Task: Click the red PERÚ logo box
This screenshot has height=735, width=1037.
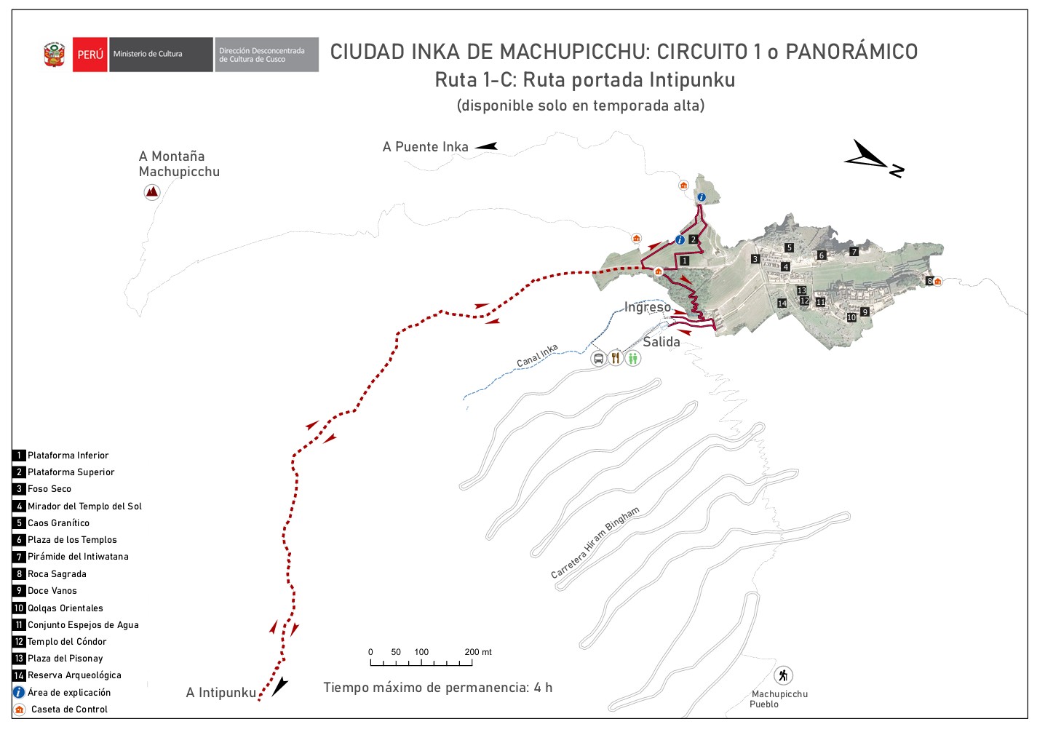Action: tap(90, 55)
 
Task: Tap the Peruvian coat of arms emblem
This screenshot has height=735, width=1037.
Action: tap(55, 55)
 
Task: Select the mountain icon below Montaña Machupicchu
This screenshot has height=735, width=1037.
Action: tap(151, 192)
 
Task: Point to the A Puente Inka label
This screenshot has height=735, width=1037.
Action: tap(426, 147)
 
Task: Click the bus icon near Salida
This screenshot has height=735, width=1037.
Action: tap(598, 358)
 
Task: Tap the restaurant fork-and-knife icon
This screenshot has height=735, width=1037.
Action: tap(616, 358)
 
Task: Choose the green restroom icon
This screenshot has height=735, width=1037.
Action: tap(633, 358)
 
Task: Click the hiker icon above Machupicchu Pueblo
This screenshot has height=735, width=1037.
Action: tap(783, 675)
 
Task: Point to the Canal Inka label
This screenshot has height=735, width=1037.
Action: tap(537, 355)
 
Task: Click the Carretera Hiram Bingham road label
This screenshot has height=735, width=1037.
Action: tap(595, 542)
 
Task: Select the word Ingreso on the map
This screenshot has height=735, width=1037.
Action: tap(648, 307)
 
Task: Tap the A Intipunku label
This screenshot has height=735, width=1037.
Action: tap(221, 693)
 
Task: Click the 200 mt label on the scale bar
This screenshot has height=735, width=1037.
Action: tap(478, 652)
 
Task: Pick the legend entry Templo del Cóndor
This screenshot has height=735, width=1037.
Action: tap(67, 642)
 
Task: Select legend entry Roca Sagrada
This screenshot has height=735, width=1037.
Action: tap(57, 574)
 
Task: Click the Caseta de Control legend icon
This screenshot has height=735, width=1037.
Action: tap(20, 710)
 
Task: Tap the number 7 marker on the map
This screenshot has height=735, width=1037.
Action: tap(854, 252)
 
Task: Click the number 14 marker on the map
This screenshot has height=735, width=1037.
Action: tap(782, 303)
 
